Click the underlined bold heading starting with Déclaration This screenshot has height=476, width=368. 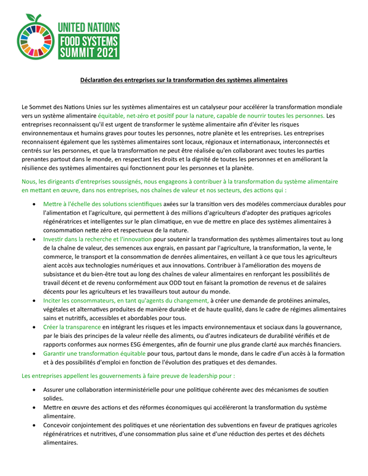tap(184, 80)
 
